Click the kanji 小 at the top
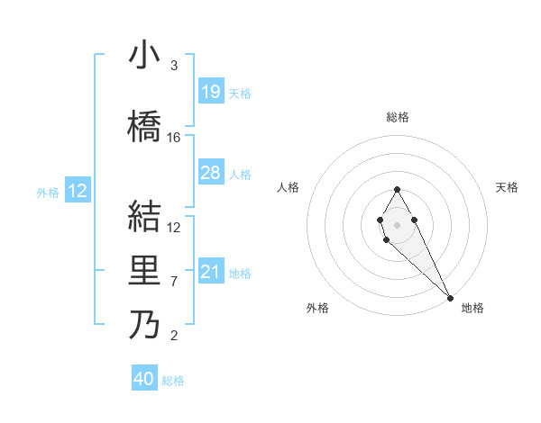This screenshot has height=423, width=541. [x=144, y=56]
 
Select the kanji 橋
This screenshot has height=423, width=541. [x=144, y=126]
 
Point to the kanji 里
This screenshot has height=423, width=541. [x=144, y=270]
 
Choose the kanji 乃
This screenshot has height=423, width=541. [x=144, y=324]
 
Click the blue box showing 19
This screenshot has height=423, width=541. [x=211, y=92]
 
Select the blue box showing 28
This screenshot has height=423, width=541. [x=211, y=173]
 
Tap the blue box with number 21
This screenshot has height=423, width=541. [x=211, y=272]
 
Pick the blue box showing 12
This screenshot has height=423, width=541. [x=78, y=191]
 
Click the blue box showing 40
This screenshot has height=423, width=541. [x=144, y=379]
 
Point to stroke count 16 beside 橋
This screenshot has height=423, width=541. [x=174, y=138]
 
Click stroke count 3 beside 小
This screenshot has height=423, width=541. [x=174, y=66]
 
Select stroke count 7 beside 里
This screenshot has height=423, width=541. [x=174, y=282]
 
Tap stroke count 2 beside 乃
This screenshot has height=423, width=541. [x=174, y=337]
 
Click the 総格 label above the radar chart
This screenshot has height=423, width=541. [x=398, y=117]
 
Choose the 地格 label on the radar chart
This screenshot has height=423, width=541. [x=472, y=308]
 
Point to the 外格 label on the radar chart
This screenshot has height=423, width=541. [x=318, y=308]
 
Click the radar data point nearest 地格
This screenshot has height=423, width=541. [x=450, y=297]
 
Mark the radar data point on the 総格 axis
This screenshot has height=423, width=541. [x=397, y=189]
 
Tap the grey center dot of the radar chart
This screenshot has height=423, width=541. [x=397, y=223]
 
